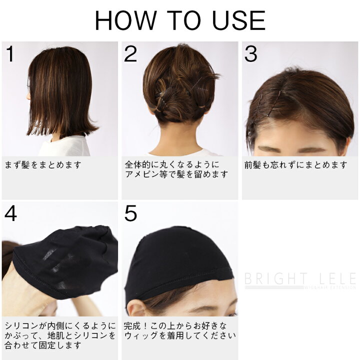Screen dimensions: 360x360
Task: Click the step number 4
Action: click(11, 213)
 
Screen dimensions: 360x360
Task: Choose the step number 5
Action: click(130, 213)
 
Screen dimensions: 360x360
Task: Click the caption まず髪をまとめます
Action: click(43, 164)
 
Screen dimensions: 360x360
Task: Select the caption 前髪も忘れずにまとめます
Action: click(295, 164)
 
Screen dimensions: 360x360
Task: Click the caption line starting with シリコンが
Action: click(59, 325)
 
